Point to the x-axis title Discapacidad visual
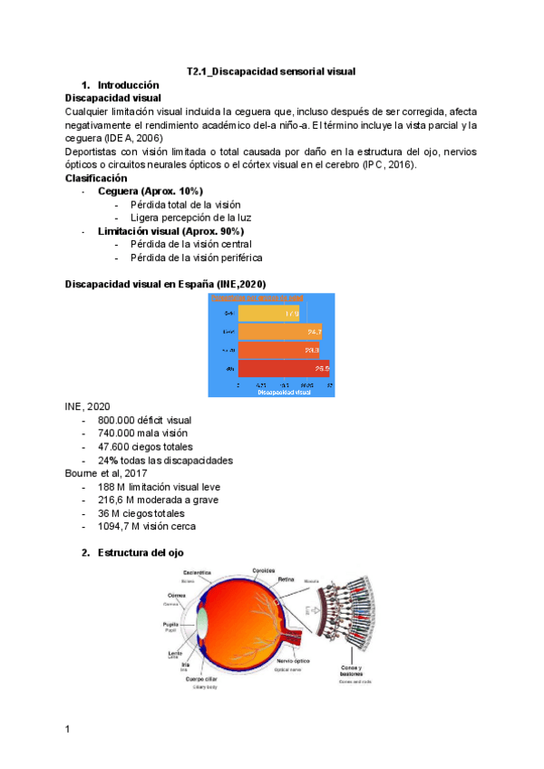click(x=284, y=393)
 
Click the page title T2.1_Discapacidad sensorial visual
click(x=271, y=70)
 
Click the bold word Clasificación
click(x=95, y=179)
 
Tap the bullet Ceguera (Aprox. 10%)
click(x=150, y=191)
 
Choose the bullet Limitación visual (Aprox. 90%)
click(x=170, y=231)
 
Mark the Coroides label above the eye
click(x=264, y=570)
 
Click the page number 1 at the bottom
click(x=68, y=728)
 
